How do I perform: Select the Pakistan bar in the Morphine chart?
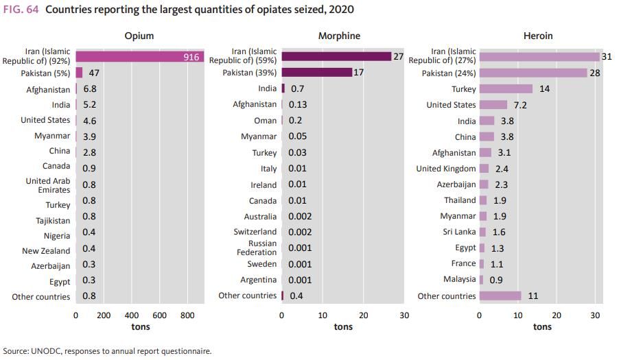pos(316,72)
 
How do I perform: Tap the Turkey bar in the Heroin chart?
pos(506,89)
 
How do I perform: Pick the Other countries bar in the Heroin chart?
pos(500,296)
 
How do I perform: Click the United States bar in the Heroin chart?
pos(493,105)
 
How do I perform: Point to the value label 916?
pos(191,57)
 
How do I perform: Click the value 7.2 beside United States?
pos(521,105)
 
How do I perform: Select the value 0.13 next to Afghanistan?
pos(298,104)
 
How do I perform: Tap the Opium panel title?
pos(139,36)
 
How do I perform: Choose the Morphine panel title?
pos(339,36)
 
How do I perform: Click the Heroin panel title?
pos(538,36)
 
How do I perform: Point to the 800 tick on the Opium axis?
pos(187,315)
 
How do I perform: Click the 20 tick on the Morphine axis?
pos(364,315)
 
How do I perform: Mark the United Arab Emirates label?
pos(48,185)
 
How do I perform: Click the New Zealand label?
pos(46,251)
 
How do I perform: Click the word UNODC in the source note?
pos(46,351)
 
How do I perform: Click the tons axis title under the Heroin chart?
pos(542,327)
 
